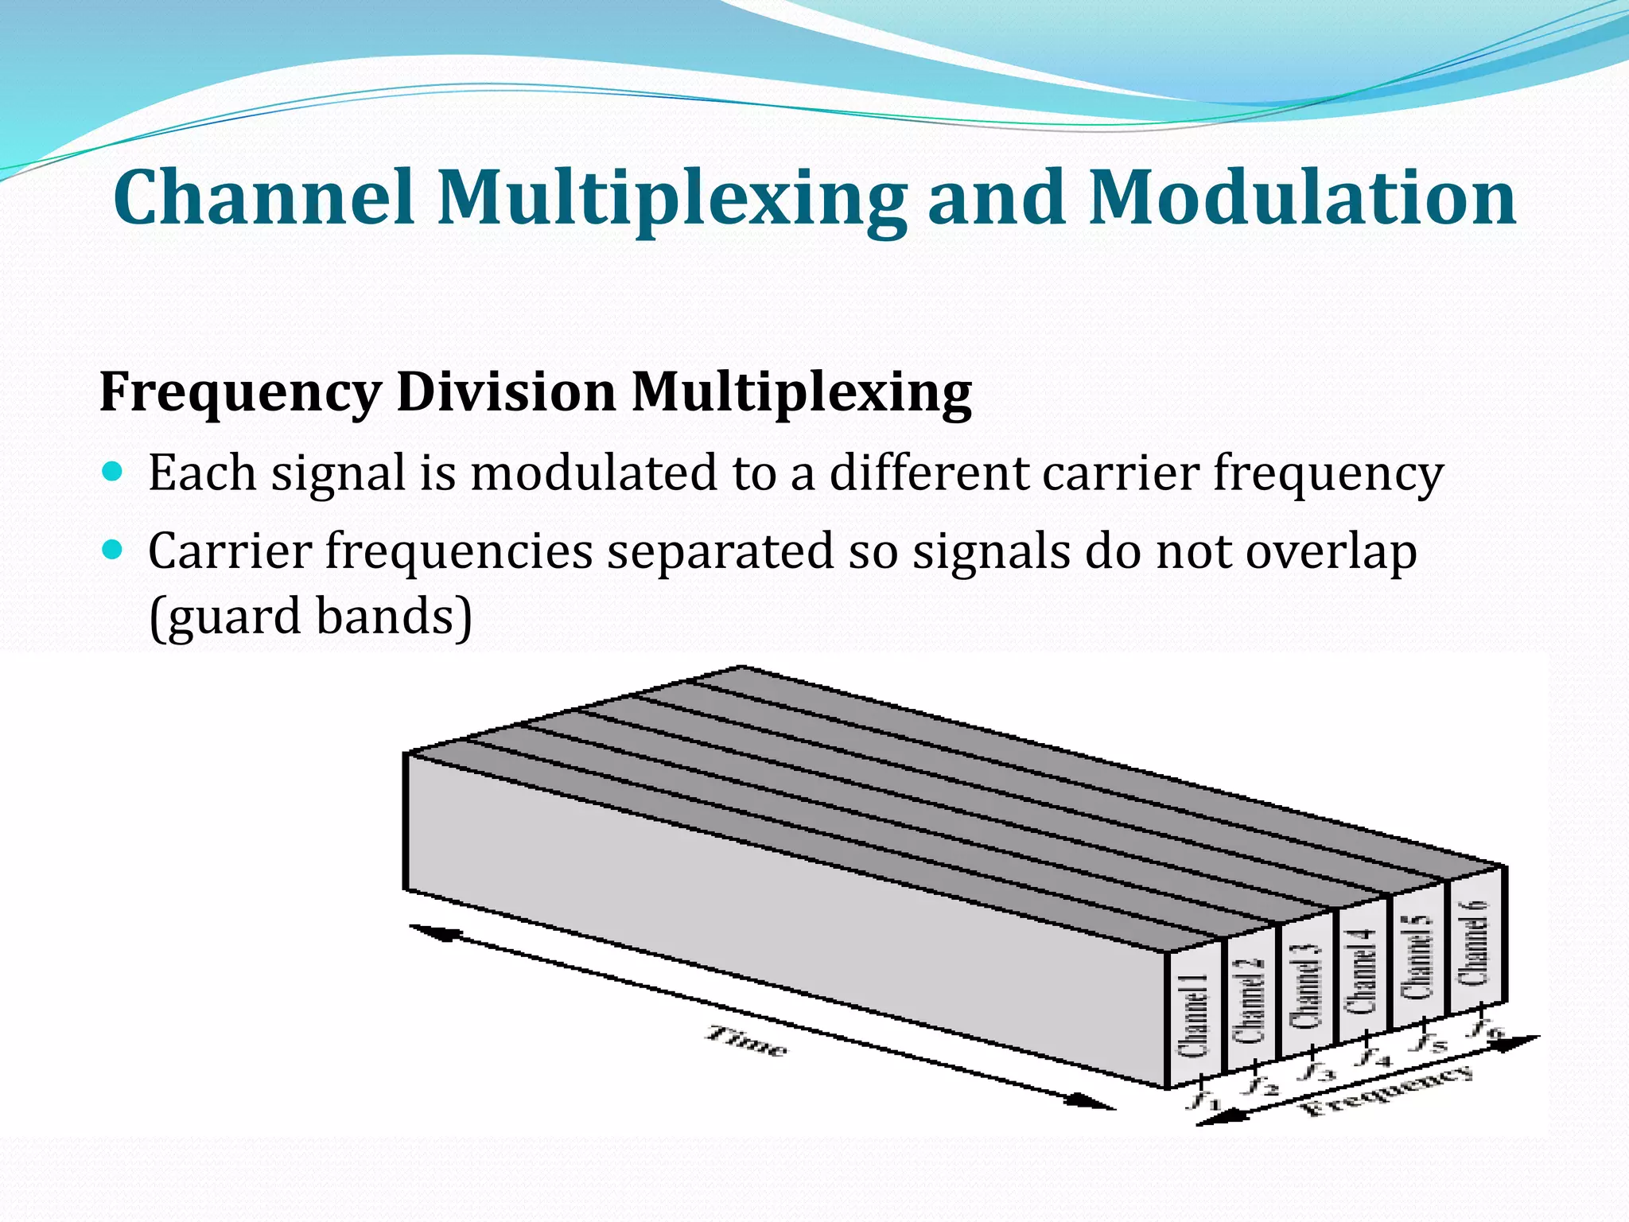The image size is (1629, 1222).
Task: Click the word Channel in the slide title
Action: [263, 197]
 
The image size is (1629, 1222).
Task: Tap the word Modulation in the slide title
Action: [1302, 197]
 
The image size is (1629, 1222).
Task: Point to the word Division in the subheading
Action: [506, 391]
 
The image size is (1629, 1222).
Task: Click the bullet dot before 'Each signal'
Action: [113, 471]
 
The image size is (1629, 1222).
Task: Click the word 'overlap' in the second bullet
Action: [1331, 552]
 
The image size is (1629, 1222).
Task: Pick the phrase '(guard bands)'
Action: [310, 617]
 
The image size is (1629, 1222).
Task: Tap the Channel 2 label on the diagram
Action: [1250, 1000]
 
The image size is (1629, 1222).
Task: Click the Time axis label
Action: [747, 1041]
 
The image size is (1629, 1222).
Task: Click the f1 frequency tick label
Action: [1203, 1100]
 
